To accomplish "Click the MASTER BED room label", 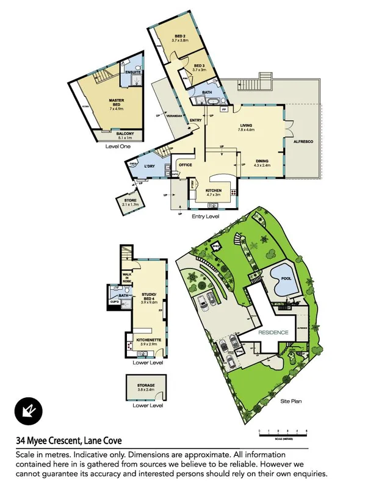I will click(117, 102).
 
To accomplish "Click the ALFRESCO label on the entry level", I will click(304, 142).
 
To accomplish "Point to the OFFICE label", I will click(186, 165).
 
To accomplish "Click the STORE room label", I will click(131, 201).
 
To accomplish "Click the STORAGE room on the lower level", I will click(146, 386).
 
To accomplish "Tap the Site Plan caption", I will click(291, 401).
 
